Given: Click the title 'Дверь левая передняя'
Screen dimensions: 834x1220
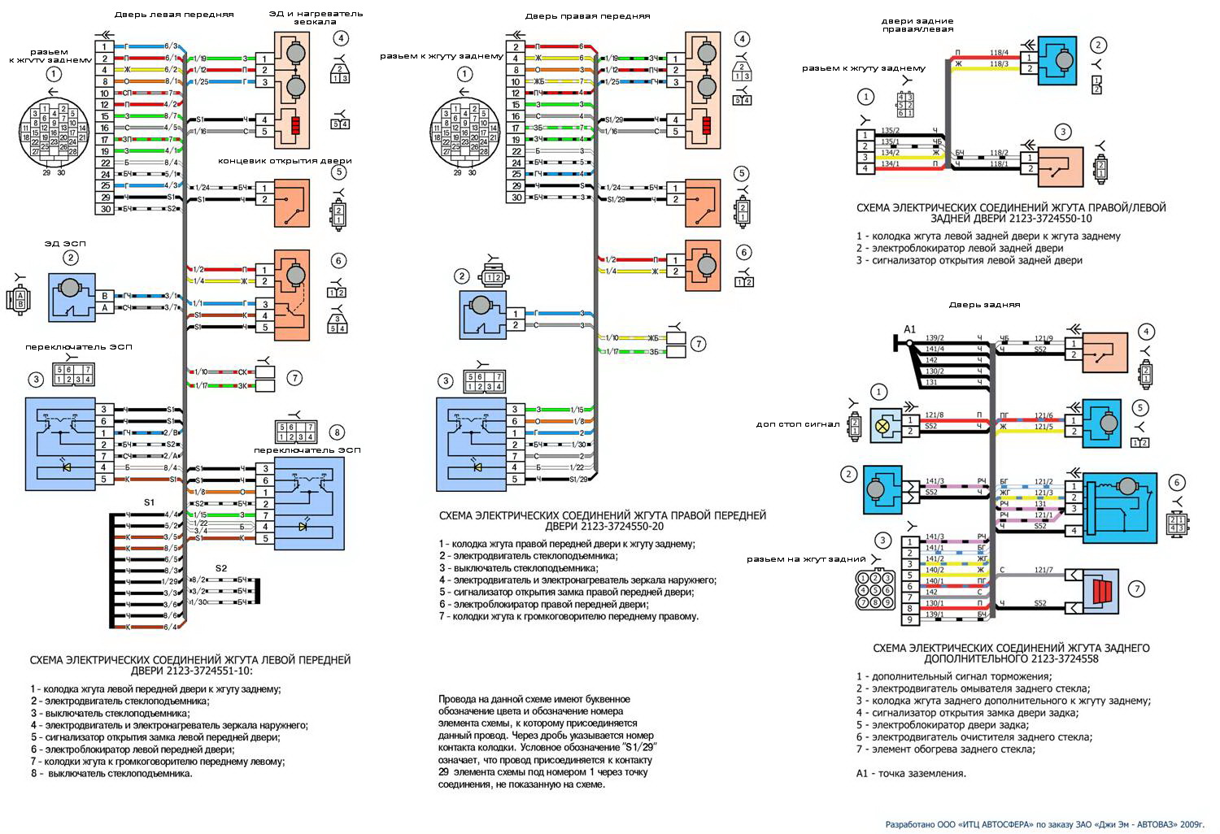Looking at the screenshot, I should pos(174,15).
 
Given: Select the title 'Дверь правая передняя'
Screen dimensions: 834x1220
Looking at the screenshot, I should pos(587,15).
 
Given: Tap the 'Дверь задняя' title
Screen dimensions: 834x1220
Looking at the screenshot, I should pos(984,305).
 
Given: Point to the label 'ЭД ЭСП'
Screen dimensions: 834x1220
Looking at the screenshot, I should pos(65,243).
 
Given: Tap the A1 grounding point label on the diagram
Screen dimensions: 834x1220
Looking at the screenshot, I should pos(910,329).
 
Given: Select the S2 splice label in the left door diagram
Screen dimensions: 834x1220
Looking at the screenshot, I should pos(221,567).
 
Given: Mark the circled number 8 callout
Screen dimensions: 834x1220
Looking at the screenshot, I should pos(337,432).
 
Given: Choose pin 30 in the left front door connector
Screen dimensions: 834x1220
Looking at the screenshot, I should pos(105,209).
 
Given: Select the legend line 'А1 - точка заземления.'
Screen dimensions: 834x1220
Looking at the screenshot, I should pos(911,773).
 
